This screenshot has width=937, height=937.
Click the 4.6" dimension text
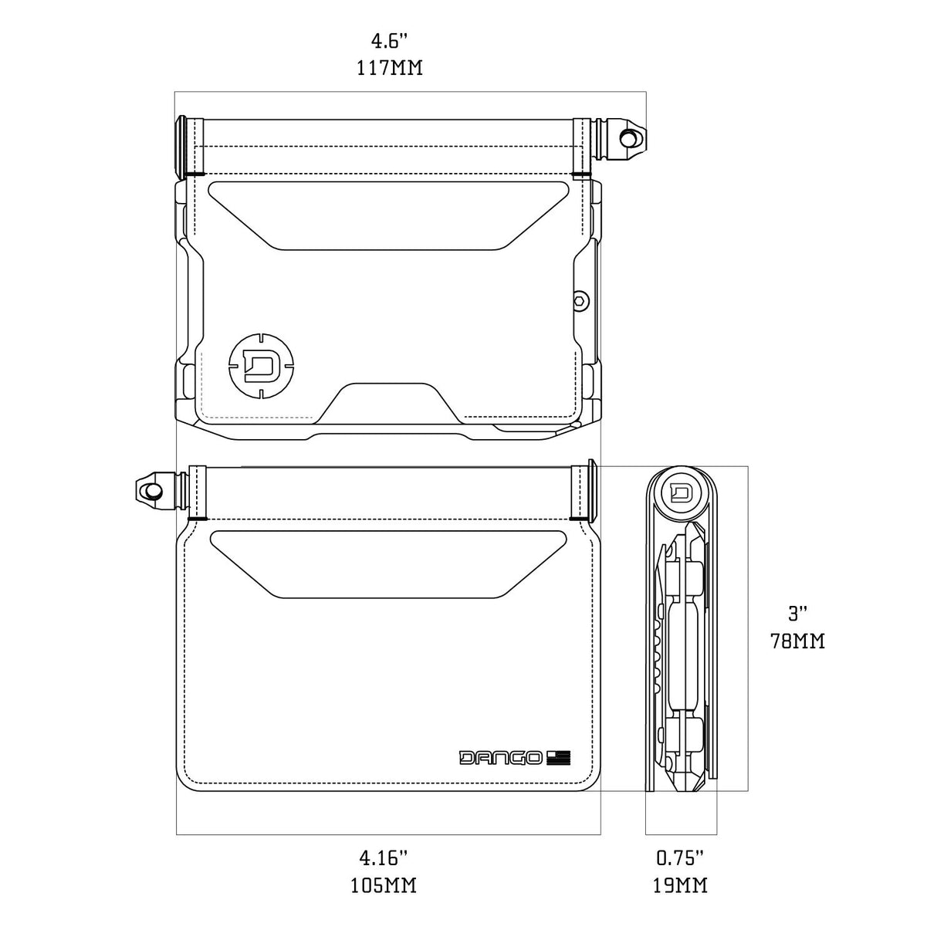[x=390, y=41]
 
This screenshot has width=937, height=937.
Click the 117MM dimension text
[x=390, y=68]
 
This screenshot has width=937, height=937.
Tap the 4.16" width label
[x=383, y=858]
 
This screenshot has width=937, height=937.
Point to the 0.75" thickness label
[x=680, y=858]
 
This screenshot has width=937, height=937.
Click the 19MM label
[x=681, y=885]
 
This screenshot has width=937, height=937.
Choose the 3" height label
[x=798, y=614]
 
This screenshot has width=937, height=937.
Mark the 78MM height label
[x=797, y=641]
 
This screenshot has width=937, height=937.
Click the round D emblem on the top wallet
[x=261, y=364]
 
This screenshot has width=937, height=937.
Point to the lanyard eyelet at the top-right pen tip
[x=630, y=137]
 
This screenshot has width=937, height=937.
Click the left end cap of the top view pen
[x=182, y=144]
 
